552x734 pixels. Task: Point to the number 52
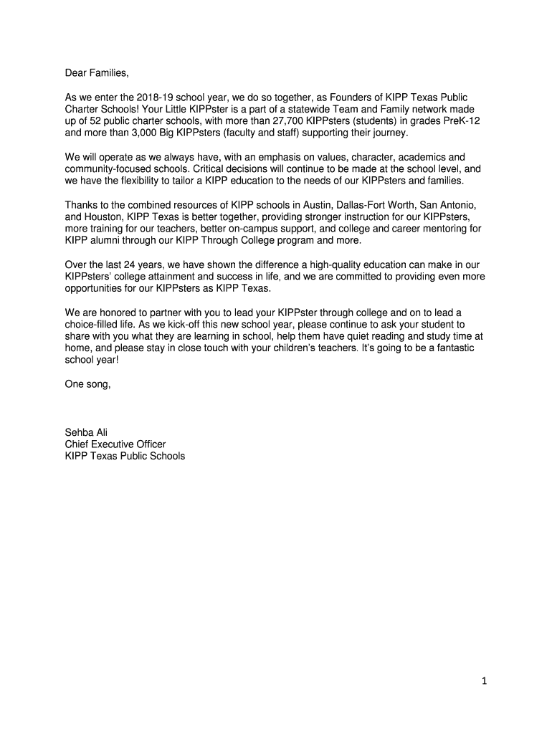[x=97, y=121]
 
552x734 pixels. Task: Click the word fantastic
[x=452, y=348]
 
